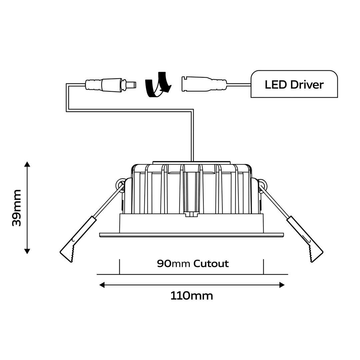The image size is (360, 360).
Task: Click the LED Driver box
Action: click(294, 84)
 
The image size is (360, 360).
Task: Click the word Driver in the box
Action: click(307, 84)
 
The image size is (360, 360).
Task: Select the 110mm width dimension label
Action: click(191, 295)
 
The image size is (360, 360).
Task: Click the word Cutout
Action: click(212, 264)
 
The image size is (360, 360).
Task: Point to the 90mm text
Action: click(173, 264)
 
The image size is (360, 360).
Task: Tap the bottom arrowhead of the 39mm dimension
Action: click(27, 251)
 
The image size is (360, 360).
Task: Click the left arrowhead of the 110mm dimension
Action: click(102, 285)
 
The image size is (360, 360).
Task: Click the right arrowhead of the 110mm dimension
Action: click(282, 285)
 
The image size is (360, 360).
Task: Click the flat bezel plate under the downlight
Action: click(191, 235)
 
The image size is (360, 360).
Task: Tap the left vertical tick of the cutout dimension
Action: click(119, 267)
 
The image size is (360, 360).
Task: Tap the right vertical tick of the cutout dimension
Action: click(263, 267)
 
